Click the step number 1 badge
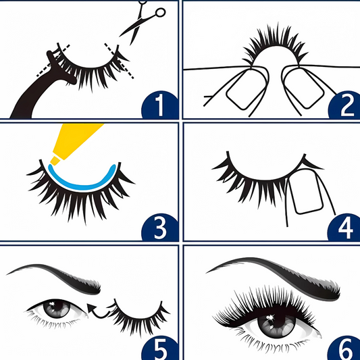click(x=160, y=105)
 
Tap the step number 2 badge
click(x=346, y=105)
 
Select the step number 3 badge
click(x=160, y=228)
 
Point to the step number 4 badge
click(x=346, y=228)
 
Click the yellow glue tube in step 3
click(x=74, y=143)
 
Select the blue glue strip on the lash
click(x=81, y=186)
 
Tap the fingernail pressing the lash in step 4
click(x=305, y=192)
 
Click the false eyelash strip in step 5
click(x=138, y=317)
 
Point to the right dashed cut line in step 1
click(x=119, y=61)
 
